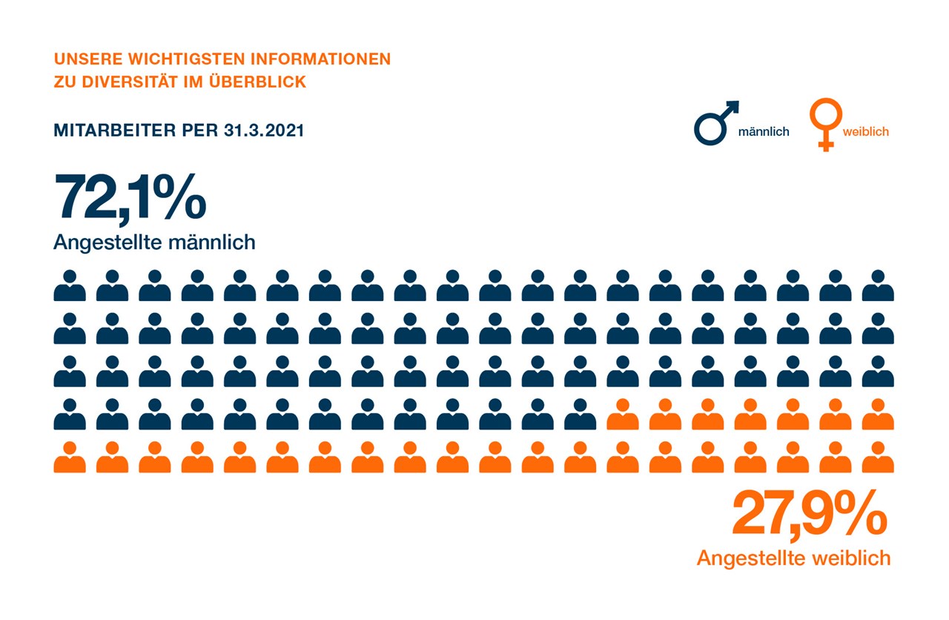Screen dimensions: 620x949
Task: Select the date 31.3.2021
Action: tap(263, 131)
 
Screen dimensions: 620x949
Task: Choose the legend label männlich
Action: tap(764, 132)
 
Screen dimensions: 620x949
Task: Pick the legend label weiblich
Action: tap(865, 132)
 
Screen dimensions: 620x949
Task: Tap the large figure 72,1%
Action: tap(130, 198)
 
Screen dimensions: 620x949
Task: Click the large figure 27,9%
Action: tap(809, 512)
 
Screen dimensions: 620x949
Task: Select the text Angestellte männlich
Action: tap(154, 242)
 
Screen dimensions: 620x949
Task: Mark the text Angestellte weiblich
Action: tap(793, 558)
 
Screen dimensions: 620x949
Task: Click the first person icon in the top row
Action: tap(70, 286)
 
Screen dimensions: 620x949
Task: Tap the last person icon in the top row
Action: tap(878, 286)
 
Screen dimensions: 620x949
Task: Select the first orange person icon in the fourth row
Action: tap(623, 415)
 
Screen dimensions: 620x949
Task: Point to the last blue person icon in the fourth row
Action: tap(581, 415)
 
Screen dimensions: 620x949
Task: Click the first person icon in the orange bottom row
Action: tap(70, 458)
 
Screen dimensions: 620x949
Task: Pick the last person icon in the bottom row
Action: tap(878, 458)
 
